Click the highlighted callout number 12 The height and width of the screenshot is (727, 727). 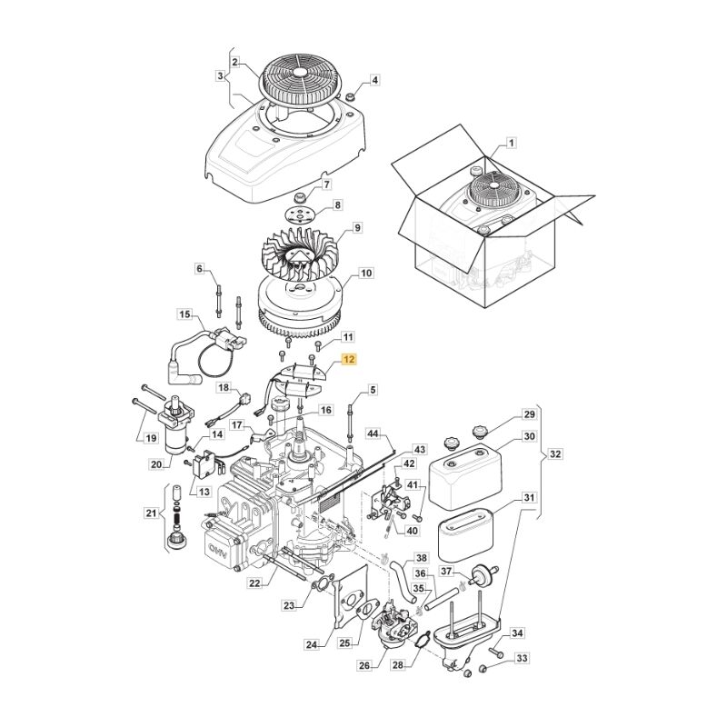click(350, 360)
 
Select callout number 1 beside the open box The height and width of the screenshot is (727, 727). click(511, 144)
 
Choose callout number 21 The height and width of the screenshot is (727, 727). click(150, 515)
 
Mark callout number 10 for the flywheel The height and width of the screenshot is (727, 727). click(365, 273)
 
